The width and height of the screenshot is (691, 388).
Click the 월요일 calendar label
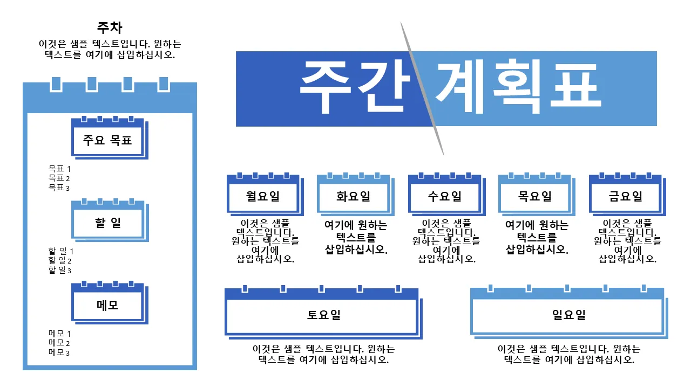pyautogui.click(x=263, y=196)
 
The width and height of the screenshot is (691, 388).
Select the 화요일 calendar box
pyautogui.click(x=355, y=195)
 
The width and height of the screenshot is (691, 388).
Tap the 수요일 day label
pyautogui.click(x=444, y=196)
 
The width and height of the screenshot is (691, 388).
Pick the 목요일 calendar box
pyautogui.click(x=537, y=195)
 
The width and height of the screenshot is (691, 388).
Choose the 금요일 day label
pyautogui.click(x=625, y=196)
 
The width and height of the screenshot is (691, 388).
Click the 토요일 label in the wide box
pyautogui.click(x=323, y=315)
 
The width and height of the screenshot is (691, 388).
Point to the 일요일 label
pyautogui.click(x=569, y=315)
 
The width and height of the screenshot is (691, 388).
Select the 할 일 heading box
pyautogui.click(x=110, y=220)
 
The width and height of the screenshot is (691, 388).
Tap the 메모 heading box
pyautogui.click(x=110, y=302)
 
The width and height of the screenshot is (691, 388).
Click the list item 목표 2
pyautogui.click(x=59, y=178)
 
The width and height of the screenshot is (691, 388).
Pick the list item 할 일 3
pyautogui.click(x=59, y=270)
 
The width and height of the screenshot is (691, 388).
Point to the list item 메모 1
pyautogui.click(x=59, y=333)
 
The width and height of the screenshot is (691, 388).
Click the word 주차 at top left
pyautogui.click(x=110, y=27)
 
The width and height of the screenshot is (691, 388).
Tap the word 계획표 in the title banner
pyautogui.click(x=519, y=86)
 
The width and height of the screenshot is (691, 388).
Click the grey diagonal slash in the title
pyautogui.click(x=422, y=89)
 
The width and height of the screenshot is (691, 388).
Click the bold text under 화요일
pyautogui.click(x=356, y=237)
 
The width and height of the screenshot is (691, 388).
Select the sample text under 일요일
pyautogui.click(x=569, y=354)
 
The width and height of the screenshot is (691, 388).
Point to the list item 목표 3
pyautogui.click(x=59, y=188)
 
